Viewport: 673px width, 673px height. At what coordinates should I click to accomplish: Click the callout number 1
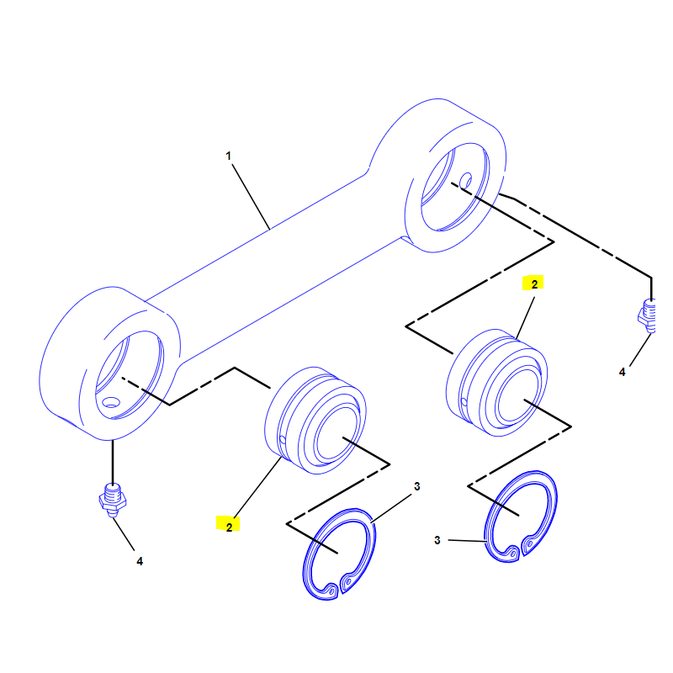click(x=227, y=156)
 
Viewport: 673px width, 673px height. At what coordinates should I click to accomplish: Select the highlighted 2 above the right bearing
click(x=533, y=284)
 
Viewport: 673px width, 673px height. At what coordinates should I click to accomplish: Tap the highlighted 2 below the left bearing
click(x=228, y=525)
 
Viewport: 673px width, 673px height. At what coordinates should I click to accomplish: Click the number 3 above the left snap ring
click(x=416, y=487)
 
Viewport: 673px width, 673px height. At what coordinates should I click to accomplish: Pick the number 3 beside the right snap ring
click(x=437, y=540)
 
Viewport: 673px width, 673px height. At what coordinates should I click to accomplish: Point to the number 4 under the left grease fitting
click(x=140, y=560)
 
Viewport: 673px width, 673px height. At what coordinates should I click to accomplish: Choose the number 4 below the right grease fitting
click(x=623, y=371)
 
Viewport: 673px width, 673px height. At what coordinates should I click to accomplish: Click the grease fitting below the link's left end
click(x=111, y=498)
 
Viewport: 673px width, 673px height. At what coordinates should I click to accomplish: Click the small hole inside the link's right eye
click(x=465, y=179)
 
